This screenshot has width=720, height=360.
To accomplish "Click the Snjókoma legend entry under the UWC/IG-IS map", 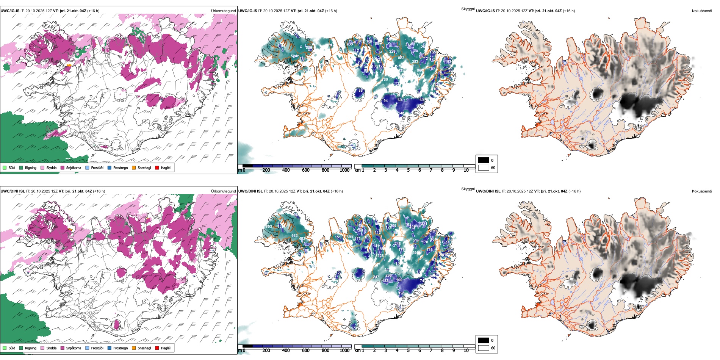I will point(73,167).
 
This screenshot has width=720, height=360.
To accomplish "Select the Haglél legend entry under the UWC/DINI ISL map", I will point(165,348).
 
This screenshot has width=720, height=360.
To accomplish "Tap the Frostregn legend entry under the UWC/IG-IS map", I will point(120,167).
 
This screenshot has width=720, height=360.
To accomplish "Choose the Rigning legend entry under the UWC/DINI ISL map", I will point(30,348).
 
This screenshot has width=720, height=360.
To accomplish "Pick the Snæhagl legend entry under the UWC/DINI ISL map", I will point(144,348).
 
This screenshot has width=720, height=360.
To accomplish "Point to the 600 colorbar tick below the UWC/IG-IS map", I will point(306,170).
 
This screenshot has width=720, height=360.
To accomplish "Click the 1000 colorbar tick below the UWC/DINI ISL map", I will point(344,351).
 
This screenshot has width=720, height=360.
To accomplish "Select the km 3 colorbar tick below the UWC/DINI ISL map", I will point(386,351).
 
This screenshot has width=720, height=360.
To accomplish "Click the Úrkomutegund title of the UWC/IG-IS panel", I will point(223,11).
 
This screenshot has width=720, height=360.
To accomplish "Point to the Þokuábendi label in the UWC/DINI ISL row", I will point(702,191).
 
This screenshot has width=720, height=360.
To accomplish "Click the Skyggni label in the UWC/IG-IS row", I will point(468,9).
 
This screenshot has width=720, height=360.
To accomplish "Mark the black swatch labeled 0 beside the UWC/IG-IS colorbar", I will point(484,160).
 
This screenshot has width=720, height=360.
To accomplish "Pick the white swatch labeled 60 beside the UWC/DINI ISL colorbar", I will point(484,348).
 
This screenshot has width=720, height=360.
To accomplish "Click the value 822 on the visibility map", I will point(401,58).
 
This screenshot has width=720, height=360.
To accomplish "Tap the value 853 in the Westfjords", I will point(269,227).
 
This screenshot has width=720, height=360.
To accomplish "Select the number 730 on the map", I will point(385,80).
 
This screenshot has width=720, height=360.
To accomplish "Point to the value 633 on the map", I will point(294,236).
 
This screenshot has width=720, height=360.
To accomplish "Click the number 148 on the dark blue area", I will point(401,113).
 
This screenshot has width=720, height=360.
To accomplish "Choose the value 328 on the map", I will point(381,256).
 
